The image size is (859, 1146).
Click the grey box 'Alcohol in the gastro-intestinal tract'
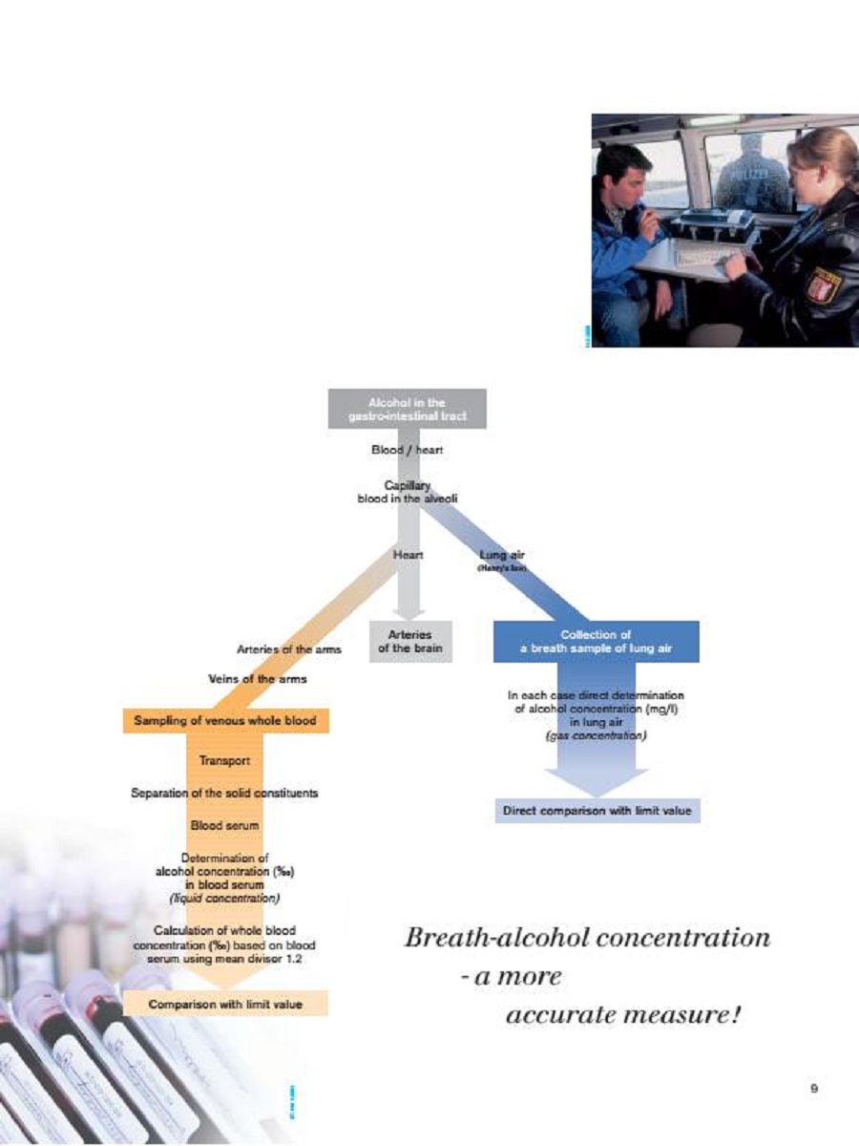pos(407,409)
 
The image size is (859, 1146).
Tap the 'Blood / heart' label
pos(407,450)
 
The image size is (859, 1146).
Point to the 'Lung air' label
pos(502,554)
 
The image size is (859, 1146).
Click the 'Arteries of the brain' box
pos(410,641)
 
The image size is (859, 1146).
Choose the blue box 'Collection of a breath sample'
pos(596,641)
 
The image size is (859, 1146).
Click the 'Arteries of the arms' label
pos(288,649)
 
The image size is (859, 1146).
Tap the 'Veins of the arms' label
pos(258,679)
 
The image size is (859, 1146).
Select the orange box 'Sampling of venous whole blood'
pos(225,720)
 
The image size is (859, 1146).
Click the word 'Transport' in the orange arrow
pos(224,761)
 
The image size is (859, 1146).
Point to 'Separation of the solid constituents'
pos(224,793)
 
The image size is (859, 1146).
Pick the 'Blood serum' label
pos(224,824)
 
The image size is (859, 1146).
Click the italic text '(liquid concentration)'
pos(224,898)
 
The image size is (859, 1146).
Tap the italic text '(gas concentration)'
pos(596,736)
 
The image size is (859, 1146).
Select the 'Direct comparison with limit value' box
pos(597,812)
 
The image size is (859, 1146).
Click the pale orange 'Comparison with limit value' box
pos(225,1004)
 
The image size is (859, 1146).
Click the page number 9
pos(814,1088)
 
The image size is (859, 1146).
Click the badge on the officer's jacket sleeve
pos(820,286)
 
